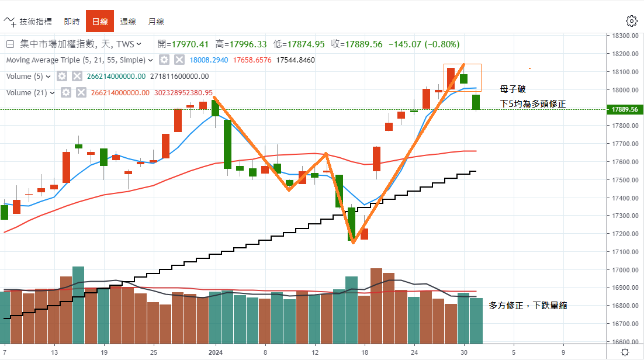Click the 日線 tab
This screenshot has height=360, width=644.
coord(100,22)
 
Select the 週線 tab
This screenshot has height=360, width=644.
coord(128,22)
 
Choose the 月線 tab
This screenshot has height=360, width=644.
coord(156,22)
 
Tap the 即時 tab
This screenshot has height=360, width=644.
coord(72,22)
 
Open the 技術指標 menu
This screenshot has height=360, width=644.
coord(29,22)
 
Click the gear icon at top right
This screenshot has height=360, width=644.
coord(631,21)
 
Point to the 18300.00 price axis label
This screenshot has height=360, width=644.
coord(622,36)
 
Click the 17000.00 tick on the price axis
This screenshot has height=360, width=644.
coord(622,270)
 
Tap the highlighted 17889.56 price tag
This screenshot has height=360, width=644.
coord(622,109)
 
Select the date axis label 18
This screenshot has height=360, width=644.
coord(365,352)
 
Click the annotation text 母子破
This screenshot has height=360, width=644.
coord(513,89)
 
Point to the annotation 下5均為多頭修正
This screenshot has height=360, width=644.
coord(532,103)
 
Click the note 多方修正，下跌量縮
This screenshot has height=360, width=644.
coord(527,305)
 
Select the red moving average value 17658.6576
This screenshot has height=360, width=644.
coord(252,60)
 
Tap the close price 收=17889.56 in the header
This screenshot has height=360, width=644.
coord(356,44)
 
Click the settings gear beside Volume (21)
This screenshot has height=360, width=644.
coord(66,92)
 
